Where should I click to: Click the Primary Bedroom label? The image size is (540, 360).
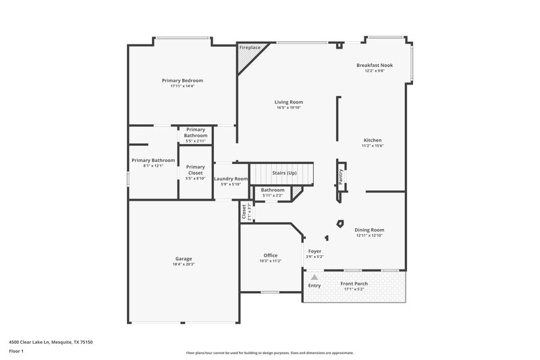coord(182,80)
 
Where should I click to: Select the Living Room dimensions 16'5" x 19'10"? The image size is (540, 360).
coord(289,107)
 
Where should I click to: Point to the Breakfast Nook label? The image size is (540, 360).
coord(375,65)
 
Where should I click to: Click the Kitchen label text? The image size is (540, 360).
coord(373,140)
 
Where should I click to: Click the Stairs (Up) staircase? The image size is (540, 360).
coord(283,174)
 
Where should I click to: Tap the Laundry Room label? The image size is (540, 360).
coord(227,179)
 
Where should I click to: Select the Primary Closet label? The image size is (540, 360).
coord(195,170)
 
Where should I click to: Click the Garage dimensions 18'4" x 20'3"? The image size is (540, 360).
coord(184,265)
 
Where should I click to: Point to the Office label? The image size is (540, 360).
coord(270,255)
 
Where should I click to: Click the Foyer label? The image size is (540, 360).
coord(315,251)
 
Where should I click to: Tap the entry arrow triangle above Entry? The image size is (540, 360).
coord(314,276)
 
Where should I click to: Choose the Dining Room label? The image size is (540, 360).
coord(369,230)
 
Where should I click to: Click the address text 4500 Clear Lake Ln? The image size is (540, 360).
coord(51,342)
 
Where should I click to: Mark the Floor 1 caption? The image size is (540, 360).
coord(16,352)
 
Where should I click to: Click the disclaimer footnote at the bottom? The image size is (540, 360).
coord(269,353)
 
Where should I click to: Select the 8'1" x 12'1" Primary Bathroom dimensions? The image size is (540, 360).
coord(153,165)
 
